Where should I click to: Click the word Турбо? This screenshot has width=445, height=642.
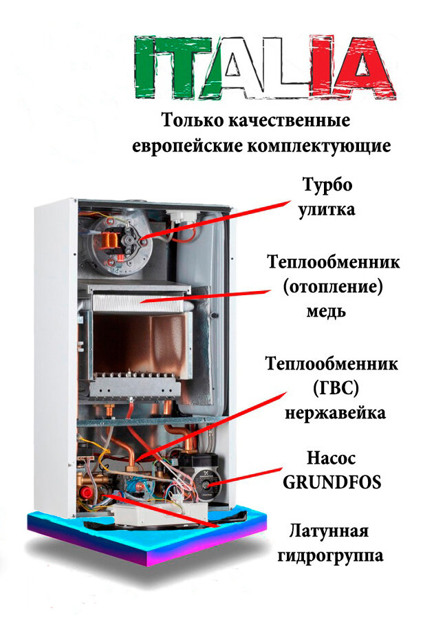[x=327, y=186]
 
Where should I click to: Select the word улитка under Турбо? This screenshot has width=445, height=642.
[x=327, y=209]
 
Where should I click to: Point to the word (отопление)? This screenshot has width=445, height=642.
[x=332, y=287]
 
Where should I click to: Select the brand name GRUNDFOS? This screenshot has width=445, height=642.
[x=332, y=482]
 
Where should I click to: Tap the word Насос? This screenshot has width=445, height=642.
[x=332, y=458]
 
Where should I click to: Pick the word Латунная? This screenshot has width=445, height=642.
[x=329, y=532]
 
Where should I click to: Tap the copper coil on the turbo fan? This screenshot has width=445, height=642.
[x=109, y=241]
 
